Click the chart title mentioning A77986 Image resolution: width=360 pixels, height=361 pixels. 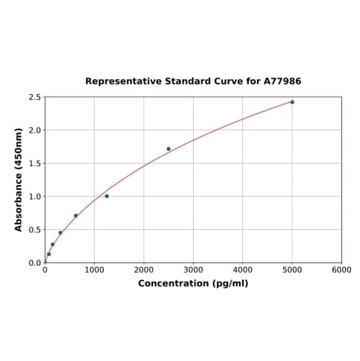coord(193,82)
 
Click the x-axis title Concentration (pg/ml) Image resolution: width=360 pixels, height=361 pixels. coord(193,283)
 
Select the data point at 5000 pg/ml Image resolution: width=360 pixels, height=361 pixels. coord(292,102)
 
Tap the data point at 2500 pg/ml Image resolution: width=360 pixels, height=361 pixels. coord(169,149)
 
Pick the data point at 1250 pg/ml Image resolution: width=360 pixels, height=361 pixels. coord(106,196)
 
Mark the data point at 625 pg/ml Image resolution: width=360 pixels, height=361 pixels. coord(76,216)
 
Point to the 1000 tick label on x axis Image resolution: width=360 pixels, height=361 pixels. coord(94,269)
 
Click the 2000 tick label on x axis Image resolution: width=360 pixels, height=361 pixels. coord(144,269)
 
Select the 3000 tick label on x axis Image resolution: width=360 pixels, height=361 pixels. coord(193,269)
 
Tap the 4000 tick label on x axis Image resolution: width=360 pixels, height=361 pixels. coord(243,269)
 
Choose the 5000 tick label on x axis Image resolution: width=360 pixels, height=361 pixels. coord(292,269)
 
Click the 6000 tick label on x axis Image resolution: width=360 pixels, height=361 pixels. coord(342,269)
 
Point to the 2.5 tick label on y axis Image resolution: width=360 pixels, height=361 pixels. coord(35,97)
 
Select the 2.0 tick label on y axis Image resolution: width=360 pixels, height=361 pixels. coord(35,130)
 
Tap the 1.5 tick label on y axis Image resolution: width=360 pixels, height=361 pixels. coord(35,164)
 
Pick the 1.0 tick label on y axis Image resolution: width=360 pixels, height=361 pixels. coord(35,196)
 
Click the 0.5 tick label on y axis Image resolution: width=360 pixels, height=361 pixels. coord(35,230)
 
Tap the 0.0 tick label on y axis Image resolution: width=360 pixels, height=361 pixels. coord(35,263)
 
